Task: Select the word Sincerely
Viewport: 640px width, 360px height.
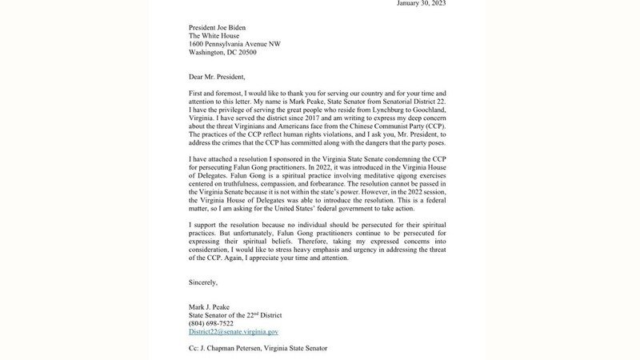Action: click(x=203, y=282)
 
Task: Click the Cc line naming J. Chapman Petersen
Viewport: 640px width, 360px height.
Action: click(x=258, y=349)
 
